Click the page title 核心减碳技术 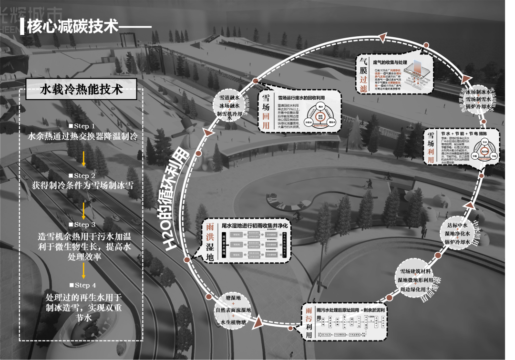pos(72,26)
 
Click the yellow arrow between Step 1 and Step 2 pos(84,157)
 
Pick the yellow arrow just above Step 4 pos(84,270)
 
